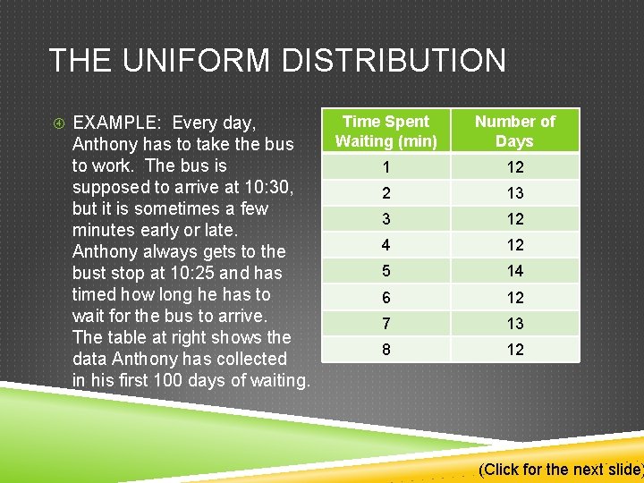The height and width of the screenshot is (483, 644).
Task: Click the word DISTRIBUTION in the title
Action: [x=394, y=61]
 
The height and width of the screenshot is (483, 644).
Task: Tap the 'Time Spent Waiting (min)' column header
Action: [x=386, y=131]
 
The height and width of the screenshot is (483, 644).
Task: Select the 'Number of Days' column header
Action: [x=514, y=131]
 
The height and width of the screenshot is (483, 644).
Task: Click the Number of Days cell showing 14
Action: [x=514, y=271]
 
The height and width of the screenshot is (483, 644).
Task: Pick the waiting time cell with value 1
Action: [x=386, y=167]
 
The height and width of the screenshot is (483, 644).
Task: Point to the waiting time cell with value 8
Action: [x=386, y=350]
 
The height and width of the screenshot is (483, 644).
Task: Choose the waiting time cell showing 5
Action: [x=386, y=271]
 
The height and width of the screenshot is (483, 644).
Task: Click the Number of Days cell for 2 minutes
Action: [x=514, y=193]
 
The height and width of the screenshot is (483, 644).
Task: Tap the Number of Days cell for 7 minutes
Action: [x=514, y=324]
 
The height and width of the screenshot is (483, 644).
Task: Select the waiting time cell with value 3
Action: [x=386, y=219]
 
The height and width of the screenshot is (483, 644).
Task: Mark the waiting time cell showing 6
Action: [x=386, y=298]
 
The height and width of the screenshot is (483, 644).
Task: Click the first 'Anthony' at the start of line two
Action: [x=103, y=144]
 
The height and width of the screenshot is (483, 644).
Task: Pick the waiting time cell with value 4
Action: [x=386, y=245]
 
